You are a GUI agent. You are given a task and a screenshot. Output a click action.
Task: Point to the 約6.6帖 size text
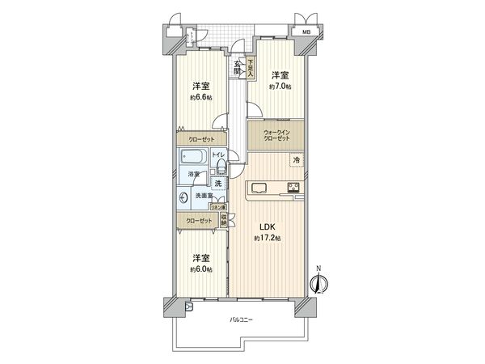[201, 97]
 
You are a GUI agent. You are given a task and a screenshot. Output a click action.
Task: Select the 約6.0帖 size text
[201, 268]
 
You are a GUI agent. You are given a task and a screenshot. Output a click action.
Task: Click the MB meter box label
[306, 32]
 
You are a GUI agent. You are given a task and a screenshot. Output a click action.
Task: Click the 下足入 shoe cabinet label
[251, 69]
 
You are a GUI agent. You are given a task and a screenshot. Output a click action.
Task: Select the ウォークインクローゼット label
[278, 134]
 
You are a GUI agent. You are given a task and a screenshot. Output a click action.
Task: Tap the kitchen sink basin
[259, 188]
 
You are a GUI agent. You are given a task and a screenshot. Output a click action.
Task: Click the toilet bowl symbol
[221, 169]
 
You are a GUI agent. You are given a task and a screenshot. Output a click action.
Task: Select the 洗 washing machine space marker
[217, 184]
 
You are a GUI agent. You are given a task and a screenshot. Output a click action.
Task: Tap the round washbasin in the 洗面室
[185, 196]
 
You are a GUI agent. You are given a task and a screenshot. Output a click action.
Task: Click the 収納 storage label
[223, 218]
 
